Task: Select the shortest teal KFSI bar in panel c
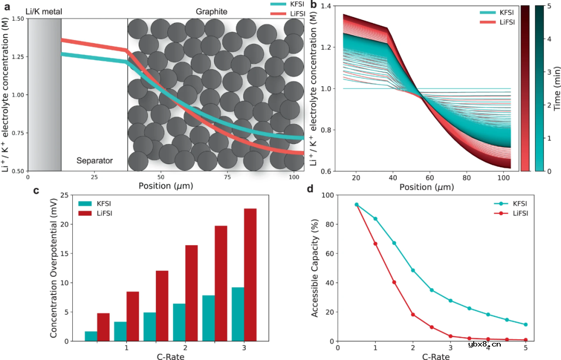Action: pos(91,336)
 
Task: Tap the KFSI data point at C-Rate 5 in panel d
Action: pos(526,325)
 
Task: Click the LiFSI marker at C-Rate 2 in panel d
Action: pos(413,315)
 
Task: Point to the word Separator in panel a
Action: pos(95,161)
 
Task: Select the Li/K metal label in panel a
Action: pos(44,11)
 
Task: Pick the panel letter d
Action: pos(310,190)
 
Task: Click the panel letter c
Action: pos(36,190)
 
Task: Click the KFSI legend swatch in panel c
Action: pos(86,204)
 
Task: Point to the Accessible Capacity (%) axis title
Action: pos(315,268)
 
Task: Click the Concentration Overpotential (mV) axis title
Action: pos(54,268)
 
